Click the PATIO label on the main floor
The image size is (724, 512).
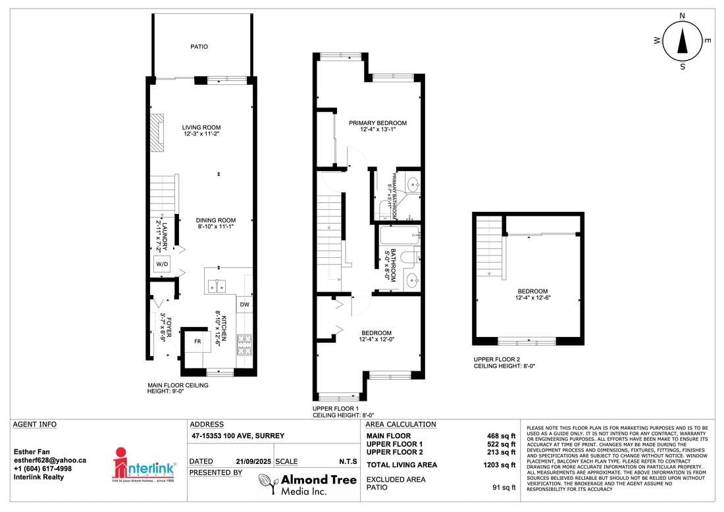199,47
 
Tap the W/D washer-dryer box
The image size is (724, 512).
161,264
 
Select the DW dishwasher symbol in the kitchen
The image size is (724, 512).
244,304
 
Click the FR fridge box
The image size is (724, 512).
197,342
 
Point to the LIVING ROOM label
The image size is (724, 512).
201,127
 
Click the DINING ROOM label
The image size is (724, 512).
216,220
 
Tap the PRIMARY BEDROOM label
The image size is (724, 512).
378,122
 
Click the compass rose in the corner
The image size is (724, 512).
683,41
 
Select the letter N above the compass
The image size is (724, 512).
683,15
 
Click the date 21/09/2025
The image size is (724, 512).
252,462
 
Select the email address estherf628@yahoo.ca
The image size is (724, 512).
50,461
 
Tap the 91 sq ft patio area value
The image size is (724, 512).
504,488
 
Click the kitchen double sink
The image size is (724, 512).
217,286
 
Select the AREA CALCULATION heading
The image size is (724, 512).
401,424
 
